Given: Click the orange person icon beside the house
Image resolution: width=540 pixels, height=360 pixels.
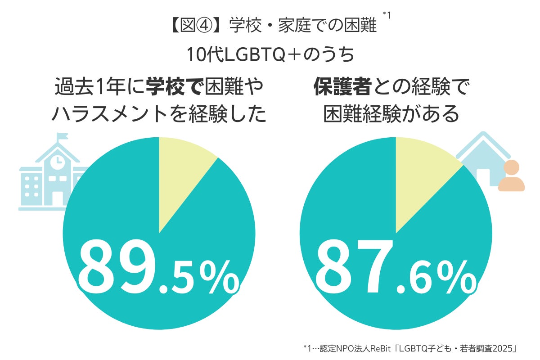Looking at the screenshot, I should (511, 176).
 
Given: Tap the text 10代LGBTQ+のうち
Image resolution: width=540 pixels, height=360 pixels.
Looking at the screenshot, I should (270, 55).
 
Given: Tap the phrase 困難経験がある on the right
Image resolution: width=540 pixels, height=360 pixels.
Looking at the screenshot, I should (391, 115).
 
